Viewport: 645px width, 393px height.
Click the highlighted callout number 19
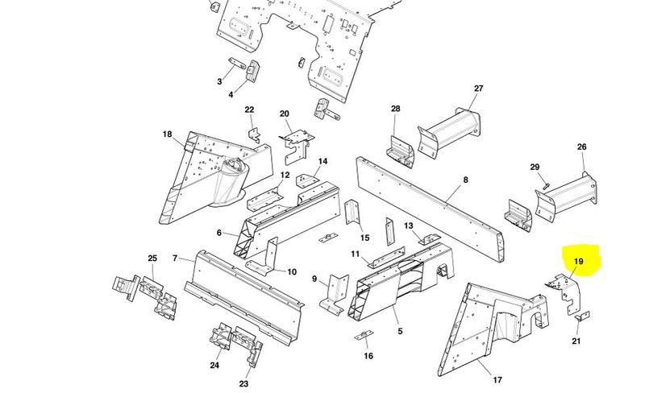click(x=578, y=262)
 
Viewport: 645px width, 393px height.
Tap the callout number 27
click(x=478, y=89)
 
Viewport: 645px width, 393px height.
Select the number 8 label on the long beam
click(x=466, y=180)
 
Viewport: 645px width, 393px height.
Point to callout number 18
click(x=167, y=134)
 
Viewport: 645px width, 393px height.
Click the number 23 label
click(x=243, y=384)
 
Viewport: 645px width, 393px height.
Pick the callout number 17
click(x=497, y=380)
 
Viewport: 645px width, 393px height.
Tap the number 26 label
click(x=581, y=147)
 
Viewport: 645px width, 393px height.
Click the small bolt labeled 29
click(x=547, y=186)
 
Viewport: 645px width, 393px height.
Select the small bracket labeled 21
click(x=582, y=316)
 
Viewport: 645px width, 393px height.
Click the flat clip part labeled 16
click(x=364, y=335)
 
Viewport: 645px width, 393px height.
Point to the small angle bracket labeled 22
click(x=254, y=135)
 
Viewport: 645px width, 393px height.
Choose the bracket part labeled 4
click(x=252, y=71)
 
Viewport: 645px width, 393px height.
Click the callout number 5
click(x=400, y=331)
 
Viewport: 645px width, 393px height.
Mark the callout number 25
click(x=152, y=259)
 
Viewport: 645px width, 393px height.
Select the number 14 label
click(x=322, y=161)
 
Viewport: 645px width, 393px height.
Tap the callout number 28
click(x=395, y=109)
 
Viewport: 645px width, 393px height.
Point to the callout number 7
click(x=175, y=259)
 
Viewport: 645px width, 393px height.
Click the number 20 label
click(x=285, y=114)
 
